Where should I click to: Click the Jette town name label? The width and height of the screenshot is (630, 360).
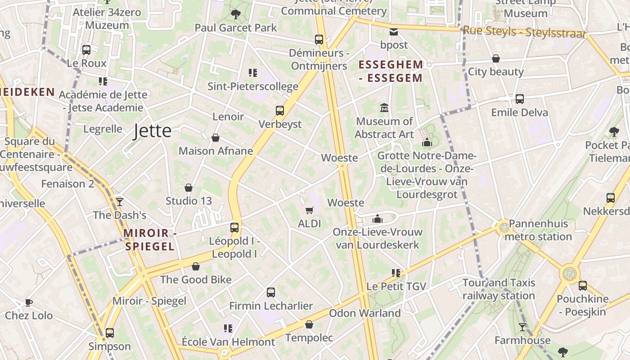(153, 131)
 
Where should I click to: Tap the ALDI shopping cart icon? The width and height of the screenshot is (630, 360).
(310, 210)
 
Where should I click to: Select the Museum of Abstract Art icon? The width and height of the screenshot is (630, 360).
(384, 108)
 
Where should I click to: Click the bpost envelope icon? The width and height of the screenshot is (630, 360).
(394, 31)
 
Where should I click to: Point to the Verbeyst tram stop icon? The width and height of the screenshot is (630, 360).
(280, 110)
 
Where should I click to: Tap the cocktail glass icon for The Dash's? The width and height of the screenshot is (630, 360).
(119, 202)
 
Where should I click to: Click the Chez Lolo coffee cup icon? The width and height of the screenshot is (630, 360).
(29, 302)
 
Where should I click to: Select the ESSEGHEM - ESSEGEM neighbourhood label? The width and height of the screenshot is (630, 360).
(391, 71)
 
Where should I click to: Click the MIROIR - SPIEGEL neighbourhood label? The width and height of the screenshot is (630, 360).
(149, 239)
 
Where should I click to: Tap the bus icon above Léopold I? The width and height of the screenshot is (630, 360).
(234, 227)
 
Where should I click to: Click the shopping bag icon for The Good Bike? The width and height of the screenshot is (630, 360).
(196, 266)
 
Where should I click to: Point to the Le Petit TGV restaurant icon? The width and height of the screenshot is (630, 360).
(396, 273)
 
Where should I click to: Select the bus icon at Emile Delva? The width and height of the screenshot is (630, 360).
(520, 99)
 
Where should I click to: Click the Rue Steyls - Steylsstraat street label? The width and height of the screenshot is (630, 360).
(524, 32)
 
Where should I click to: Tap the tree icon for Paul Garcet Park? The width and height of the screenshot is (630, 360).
(235, 14)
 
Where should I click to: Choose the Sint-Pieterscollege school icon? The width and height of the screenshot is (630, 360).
(253, 72)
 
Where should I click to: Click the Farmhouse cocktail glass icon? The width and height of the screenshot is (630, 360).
(522, 327)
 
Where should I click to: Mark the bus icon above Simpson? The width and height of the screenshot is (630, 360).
(110, 333)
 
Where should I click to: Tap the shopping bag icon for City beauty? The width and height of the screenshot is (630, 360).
(496, 58)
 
